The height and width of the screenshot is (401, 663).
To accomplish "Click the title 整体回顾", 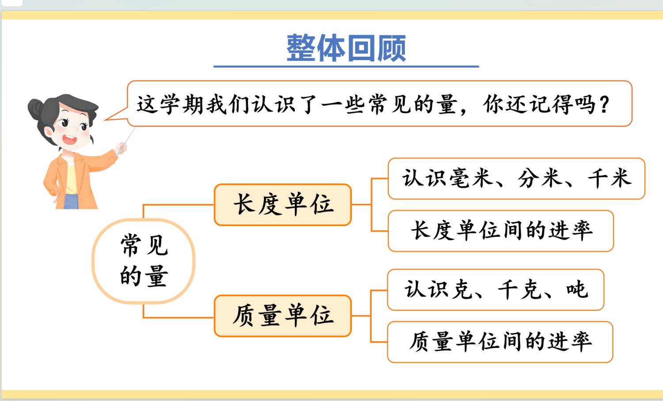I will pos(346,48).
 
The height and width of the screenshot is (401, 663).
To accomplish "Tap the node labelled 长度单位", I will pos(283,205).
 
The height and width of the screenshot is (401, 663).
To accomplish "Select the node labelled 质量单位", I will pos(283,316).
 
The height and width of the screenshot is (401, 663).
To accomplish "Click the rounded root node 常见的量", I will pos(144,261).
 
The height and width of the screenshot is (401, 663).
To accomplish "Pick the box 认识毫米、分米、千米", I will pos(516,179).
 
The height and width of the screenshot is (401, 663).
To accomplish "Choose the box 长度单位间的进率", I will pos(501,231).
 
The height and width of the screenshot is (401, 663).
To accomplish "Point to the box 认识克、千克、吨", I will pos(495,290).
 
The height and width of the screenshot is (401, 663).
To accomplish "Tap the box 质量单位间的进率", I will pos(500,342).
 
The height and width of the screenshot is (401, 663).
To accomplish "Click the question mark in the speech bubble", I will pos(604,105).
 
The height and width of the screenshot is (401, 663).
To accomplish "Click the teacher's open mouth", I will pos(69,140).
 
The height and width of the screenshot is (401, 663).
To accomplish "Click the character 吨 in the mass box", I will pos(577,290).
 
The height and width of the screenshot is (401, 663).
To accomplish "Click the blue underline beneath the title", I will pos(346,66).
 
